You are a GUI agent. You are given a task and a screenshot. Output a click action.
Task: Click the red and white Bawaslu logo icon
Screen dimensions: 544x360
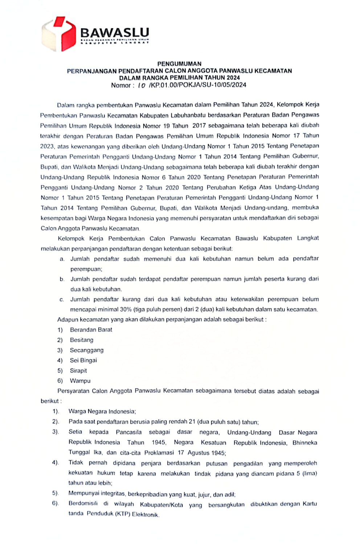point(58,33)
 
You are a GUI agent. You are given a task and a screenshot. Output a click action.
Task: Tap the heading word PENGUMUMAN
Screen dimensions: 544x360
point(179,63)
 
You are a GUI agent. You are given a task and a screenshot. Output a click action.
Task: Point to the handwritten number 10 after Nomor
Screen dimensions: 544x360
point(142,86)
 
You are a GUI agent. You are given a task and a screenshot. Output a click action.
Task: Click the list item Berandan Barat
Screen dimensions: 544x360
point(91,330)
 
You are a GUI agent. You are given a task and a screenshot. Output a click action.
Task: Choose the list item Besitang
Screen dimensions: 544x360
point(82,340)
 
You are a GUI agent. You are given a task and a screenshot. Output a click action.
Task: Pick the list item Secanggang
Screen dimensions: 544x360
point(87,350)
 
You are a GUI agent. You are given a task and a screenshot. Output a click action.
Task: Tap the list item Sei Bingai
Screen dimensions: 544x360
point(83,360)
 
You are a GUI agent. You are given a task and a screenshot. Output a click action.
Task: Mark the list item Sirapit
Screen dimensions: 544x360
point(78,371)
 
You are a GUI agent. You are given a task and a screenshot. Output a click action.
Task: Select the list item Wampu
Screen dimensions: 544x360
point(80,381)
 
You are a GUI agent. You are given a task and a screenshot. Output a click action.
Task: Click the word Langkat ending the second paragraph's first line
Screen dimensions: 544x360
point(308,238)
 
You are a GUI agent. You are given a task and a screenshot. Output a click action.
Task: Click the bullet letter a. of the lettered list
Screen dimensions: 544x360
point(62,259)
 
